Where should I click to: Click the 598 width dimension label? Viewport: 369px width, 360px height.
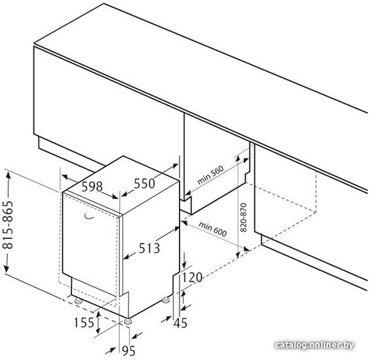92,187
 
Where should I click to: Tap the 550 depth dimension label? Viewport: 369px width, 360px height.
144,183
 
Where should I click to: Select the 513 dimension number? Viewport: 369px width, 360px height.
149,248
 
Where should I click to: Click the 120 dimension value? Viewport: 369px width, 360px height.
192,278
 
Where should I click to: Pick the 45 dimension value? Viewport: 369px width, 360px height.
180,323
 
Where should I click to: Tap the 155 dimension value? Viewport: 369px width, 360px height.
84,322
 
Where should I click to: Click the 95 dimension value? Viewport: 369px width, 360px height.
128,351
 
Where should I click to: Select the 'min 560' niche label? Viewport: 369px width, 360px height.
210,175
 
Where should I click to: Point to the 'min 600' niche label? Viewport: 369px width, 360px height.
213,229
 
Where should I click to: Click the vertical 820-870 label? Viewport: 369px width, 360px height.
243,217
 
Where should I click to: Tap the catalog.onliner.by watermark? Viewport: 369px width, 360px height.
315,345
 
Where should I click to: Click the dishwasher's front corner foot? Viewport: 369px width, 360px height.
128,321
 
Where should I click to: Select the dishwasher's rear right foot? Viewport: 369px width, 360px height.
166,300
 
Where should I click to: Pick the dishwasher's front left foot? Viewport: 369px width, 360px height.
78,301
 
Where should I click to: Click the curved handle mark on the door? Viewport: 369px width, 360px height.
89,217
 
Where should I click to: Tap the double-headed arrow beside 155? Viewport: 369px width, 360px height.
98,322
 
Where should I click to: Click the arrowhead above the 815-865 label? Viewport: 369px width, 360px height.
9,175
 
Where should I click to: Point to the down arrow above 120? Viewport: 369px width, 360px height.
184,261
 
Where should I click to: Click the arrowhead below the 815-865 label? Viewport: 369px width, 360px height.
6,268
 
